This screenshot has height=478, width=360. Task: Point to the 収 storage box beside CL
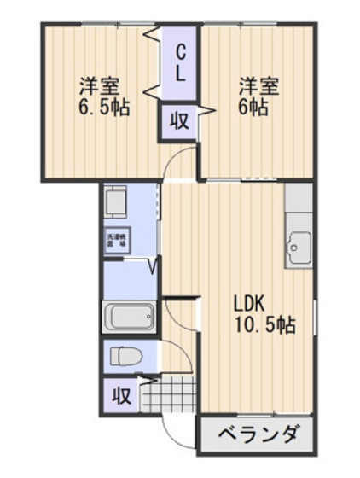[179, 121]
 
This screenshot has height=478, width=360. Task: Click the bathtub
[130, 318]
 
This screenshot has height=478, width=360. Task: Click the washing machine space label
[115, 242]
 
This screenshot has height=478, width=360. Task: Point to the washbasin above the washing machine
[116, 204]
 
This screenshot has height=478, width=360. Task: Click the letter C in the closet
[181, 51]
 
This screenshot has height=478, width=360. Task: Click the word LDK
[249, 302]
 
